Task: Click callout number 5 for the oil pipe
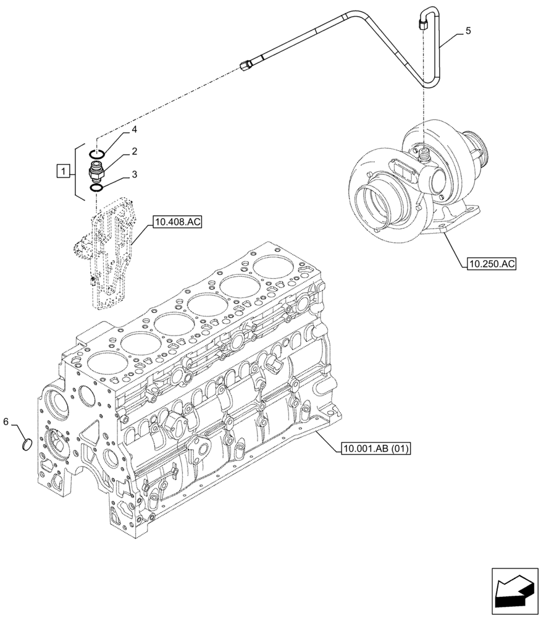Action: [x=468, y=31]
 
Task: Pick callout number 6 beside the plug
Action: [x=6, y=421]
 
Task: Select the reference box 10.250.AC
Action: [x=492, y=264]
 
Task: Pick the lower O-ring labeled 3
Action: [x=96, y=187]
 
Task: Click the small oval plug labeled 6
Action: [x=27, y=444]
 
